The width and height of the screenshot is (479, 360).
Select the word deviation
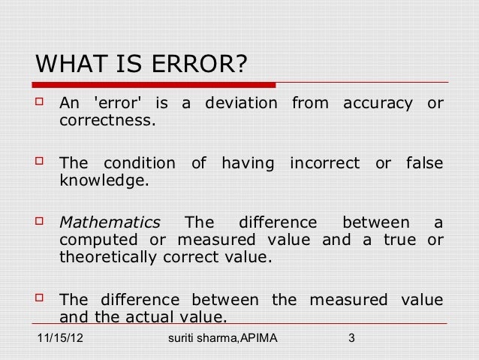point(236,102)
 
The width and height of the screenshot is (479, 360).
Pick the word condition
point(137,163)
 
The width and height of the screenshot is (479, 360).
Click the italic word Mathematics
point(110,223)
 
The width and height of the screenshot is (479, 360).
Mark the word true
point(401,241)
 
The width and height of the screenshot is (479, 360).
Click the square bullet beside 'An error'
point(42,102)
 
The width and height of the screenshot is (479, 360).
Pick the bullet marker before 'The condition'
point(42,163)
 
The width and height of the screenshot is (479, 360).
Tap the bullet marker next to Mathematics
point(42,223)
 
